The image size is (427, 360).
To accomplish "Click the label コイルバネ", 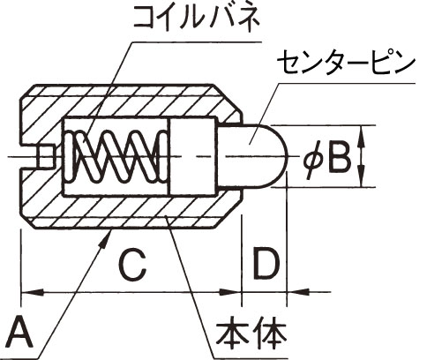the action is (x=196, y=17).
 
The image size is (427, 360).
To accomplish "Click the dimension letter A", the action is (x=20, y=333).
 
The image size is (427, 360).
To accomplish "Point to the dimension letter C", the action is (x=133, y=265).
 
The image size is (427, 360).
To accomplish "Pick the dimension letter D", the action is (x=266, y=264).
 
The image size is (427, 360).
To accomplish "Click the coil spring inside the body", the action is (x=116, y=156).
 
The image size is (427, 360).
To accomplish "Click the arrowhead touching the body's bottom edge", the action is (x=107, y=236).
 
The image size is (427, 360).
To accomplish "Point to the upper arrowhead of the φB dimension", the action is (x=362, y=137).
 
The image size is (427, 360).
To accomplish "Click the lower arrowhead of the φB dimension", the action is (x=362, y=176).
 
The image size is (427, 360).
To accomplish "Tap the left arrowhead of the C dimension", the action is (x=33, y=292).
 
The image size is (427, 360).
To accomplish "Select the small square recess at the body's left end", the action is (x=45, y=156).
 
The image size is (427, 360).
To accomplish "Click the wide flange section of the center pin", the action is (x=194, y=156).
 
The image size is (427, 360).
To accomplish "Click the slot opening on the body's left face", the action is (x=28, y=156).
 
